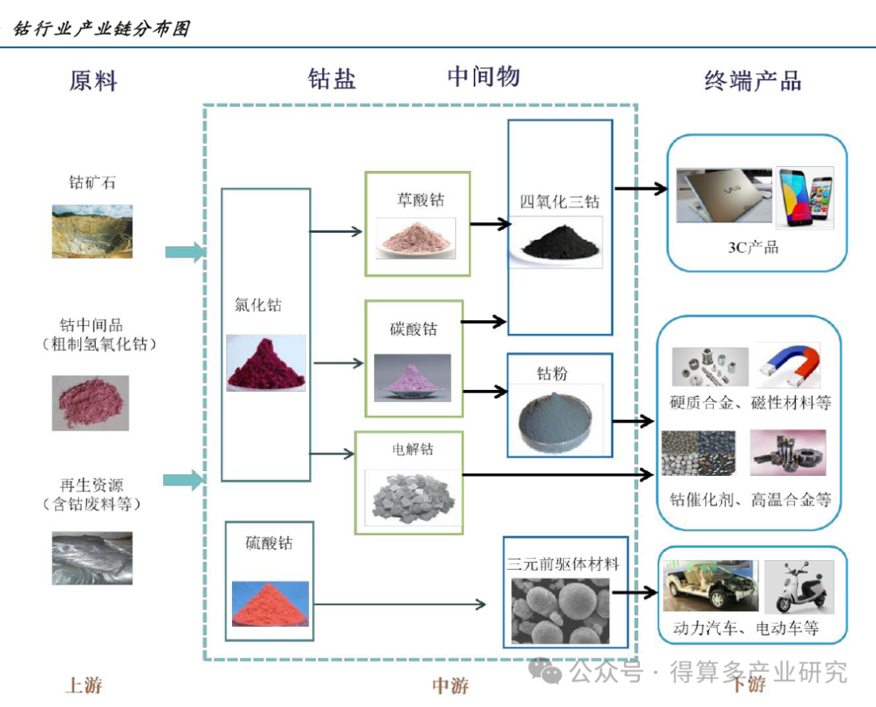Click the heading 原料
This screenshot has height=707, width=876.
click(x=93, y=81)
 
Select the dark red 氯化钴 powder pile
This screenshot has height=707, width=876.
click(x=266, y=363)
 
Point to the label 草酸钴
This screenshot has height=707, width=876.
click(x=420, y=199)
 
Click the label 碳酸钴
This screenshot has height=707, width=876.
click(x=413, y=329)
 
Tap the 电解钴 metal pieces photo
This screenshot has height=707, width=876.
click(x=408, y=497)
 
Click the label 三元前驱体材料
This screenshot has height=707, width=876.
click(x=563, y=563)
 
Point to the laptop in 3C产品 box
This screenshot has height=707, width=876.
click(x=723, y=196)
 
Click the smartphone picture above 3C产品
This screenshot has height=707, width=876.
click(x=804, y=198)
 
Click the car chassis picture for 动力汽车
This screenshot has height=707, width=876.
click(x=711, y=585)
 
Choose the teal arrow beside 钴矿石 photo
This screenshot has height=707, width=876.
click(x=184, y=252)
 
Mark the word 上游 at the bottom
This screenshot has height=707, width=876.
click(x=84, y=685)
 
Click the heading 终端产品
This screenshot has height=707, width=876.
click(x=753, y=81)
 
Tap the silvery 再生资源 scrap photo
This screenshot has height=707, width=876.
click(x=92, y=558)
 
